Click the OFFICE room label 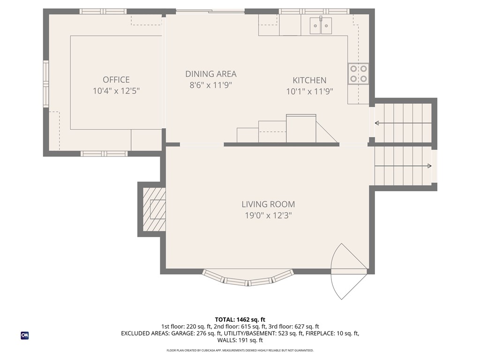tap(116, 80)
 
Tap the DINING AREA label tap(210, 74)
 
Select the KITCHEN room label tap(309, 80)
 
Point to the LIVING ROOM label tap(268, 204)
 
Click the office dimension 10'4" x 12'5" tap(116, 91)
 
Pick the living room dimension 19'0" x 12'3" tap(268, 215)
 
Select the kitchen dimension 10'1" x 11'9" tap(309, 92)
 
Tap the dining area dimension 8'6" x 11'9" tap(210, 85)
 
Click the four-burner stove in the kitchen tap(358, 74)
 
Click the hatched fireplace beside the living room tap(154, 209)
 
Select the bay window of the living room tap(248, 279)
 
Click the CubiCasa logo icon tap(24, 335)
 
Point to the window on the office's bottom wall tap(104, 153)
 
